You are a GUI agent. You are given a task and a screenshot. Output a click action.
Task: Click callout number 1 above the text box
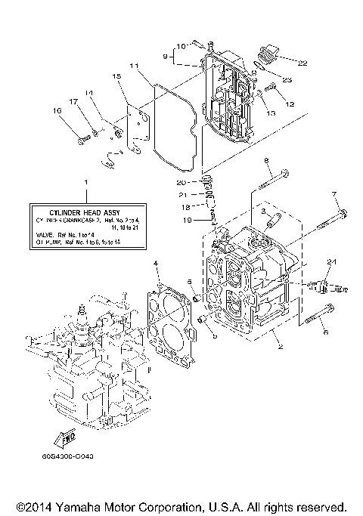(x=85, y=184)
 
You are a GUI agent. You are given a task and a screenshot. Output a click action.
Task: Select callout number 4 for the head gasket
(x=155, y=263)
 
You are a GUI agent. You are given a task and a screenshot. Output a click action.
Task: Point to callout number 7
(x=334, y=194)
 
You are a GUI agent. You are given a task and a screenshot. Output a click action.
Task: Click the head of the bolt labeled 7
(x=341, y=212)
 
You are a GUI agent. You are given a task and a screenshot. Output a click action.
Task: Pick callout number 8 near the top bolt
(x=266, y=161)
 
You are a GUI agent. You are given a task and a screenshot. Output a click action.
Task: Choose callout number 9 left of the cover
(x=165, y=56)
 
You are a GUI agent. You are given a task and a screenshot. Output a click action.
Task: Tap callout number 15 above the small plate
(x=116, y=76)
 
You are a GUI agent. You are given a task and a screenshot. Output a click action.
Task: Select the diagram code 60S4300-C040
(x=74, y=457)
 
